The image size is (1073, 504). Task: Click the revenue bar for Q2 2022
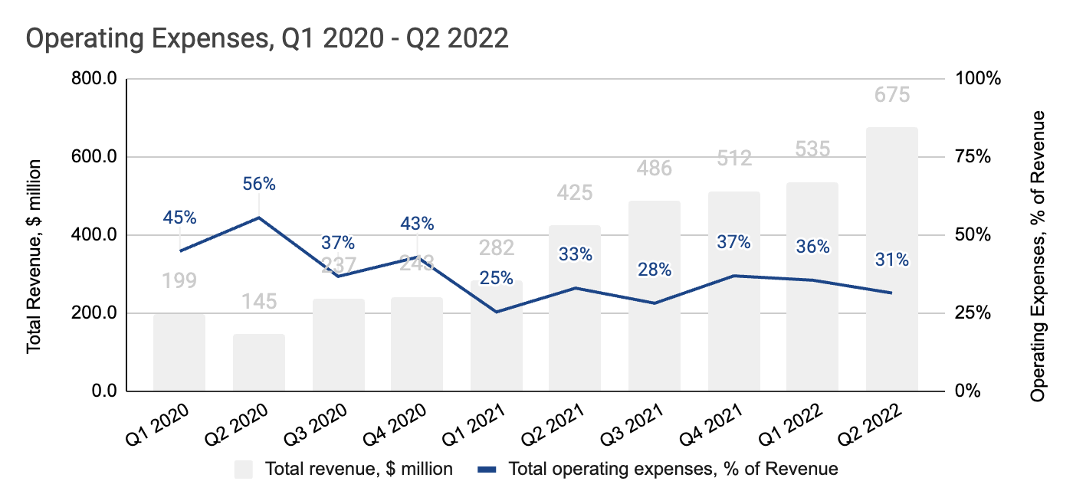pyautogui.click(x=891, y=260)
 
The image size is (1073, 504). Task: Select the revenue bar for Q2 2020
pyautogui.click(x=258, y=363)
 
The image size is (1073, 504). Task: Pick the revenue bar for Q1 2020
pyautogui.click(x=179, y=352)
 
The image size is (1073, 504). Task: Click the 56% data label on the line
pyautogui.click(x=258, y=184)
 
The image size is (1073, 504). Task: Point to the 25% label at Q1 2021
pyautogui.click(x=496, y=278)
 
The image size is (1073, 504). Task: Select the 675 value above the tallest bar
pyautogui.click(x=891, y=95)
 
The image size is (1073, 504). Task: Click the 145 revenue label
pyautogui.click(x=258, y=301)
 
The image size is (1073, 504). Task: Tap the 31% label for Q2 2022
pyautogui.click(x=891, y=260)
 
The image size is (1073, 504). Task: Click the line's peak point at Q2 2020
pyautogui.click(x=258, y=218)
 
